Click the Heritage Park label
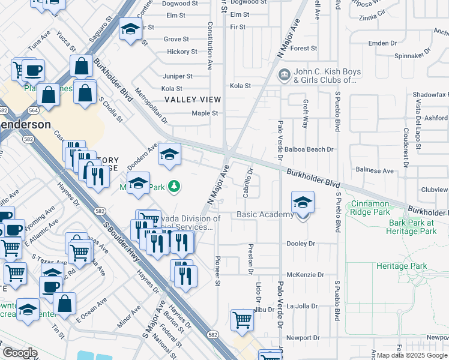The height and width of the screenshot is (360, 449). pos(402,266)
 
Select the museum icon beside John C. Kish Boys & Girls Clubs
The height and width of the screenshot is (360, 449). pos(283,75)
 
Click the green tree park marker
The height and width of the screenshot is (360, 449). pos(174,187)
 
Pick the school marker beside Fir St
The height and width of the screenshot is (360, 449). pos(130,29)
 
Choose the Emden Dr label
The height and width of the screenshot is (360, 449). pos(383,43)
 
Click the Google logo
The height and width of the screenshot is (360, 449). pos(19,353)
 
